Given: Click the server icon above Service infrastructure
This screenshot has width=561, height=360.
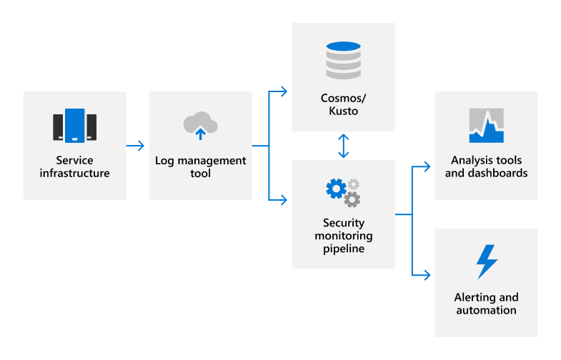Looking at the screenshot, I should [74, 126].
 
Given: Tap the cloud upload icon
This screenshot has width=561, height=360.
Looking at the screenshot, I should [200, 125].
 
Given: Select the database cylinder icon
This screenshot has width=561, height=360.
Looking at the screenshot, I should [343, 59].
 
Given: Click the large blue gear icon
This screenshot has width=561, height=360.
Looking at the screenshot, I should [335, 189].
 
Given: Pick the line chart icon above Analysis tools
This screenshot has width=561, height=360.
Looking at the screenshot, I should [486, 126].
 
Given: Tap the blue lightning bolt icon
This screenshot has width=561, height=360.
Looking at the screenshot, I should [487, 261].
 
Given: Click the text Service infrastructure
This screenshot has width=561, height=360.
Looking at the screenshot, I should [74, 166].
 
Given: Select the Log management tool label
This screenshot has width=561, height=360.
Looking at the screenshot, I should [200, 166].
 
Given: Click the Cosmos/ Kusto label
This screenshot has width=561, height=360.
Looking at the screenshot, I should [343, 104].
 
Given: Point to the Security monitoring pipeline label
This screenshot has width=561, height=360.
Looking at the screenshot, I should [343, 236].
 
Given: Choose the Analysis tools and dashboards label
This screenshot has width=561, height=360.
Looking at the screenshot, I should [486, 166].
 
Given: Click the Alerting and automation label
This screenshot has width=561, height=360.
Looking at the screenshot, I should [486, 304].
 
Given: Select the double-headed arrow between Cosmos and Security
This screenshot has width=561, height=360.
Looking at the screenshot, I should [344, 146].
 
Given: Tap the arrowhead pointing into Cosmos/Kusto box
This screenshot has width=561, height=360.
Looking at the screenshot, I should [284, 91].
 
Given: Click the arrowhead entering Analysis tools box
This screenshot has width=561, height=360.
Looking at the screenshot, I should [427, 166].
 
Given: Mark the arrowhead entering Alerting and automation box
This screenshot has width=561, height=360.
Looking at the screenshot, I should [427, 274].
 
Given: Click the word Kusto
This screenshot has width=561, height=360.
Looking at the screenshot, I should [343, 111].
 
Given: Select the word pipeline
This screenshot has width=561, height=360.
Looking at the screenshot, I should [343, 249].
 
